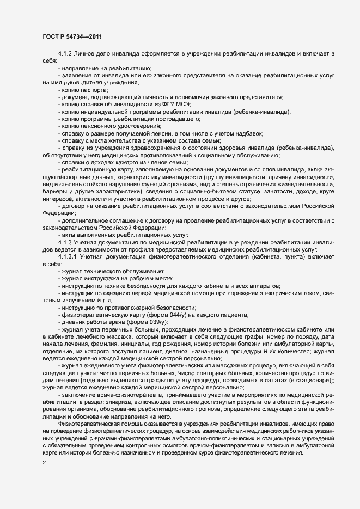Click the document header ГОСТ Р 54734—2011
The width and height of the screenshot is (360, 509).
(x=71, y=36)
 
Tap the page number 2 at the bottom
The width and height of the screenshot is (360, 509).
(x=44, y=463)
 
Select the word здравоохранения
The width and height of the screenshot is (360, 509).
(x=167, y=148)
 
